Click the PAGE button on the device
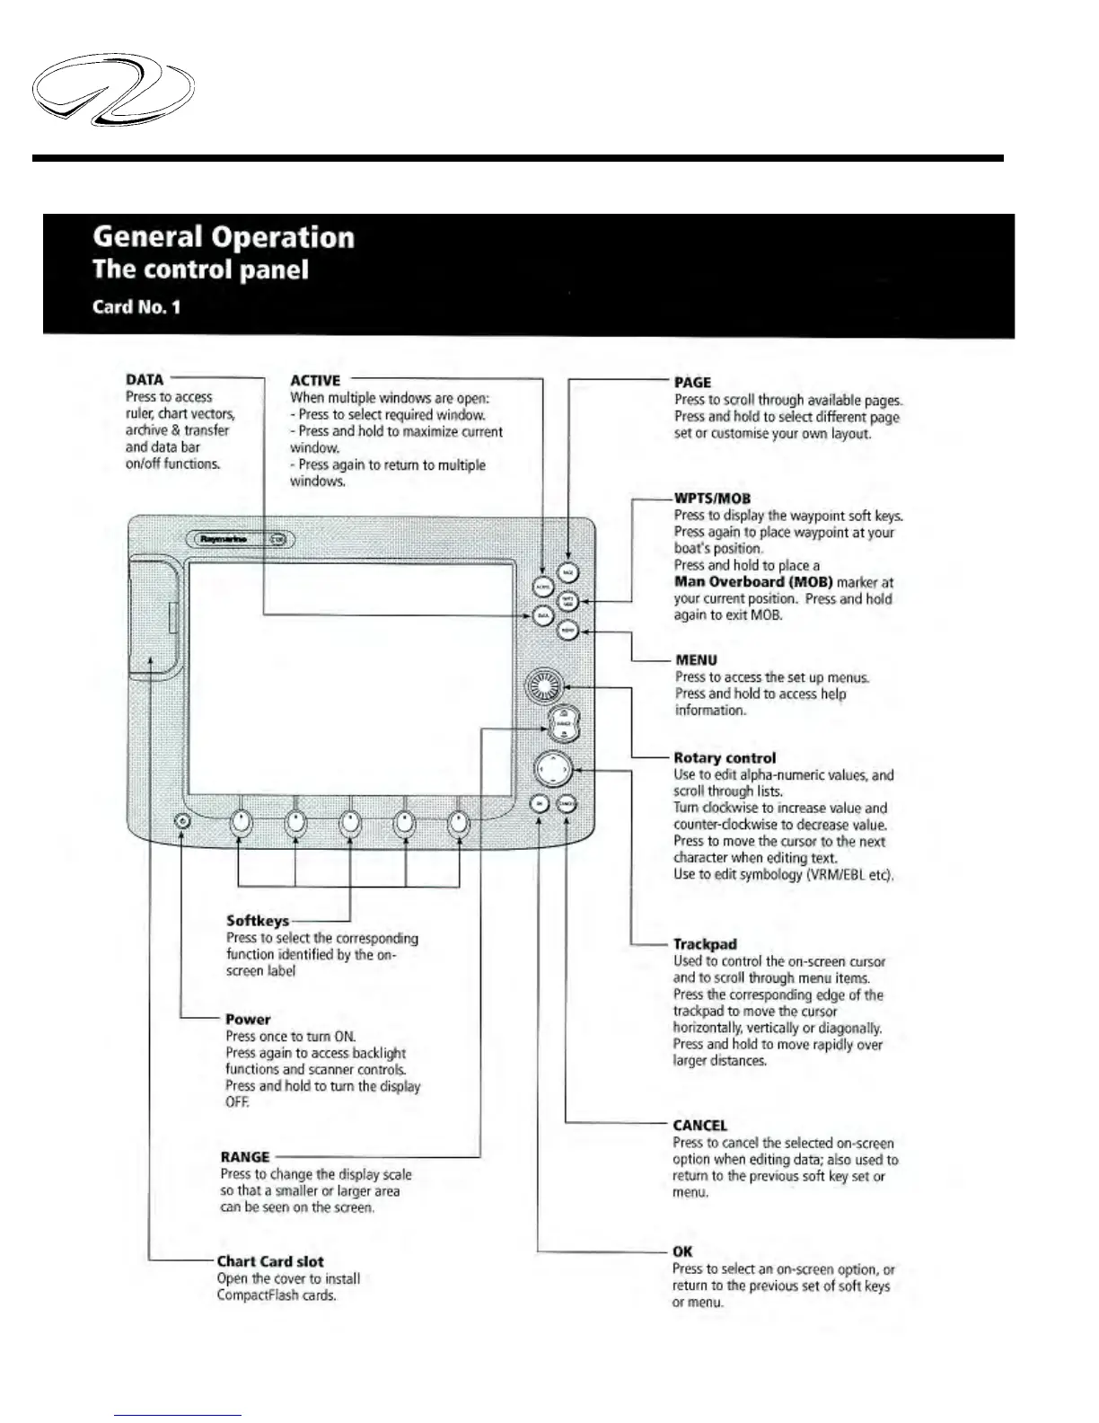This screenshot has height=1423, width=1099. [x=568, y=572]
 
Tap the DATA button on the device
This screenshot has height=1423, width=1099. [x=542, y=615]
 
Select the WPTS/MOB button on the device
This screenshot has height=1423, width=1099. [x=567, y=601]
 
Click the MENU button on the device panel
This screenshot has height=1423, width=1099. [x=567, y=631]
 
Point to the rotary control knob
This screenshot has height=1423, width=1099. [x=544, y=689]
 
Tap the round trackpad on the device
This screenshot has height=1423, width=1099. [x=552, y=769]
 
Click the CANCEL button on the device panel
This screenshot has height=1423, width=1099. [x=567, y=804]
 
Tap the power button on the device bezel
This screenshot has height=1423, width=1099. [x=182, y=821]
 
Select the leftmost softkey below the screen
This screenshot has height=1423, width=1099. [x=240, y=822]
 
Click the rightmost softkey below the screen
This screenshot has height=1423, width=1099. [x=459, y=822]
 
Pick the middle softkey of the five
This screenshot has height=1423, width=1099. [x=350, y=822]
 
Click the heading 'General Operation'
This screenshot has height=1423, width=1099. [x=224, y=237]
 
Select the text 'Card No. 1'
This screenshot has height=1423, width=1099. [x=136, y=307]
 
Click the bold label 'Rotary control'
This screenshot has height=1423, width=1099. [x=725, y=757]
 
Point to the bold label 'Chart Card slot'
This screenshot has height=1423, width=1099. [x=270, y=1261]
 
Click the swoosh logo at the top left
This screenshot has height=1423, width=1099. [x=113, y=89]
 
